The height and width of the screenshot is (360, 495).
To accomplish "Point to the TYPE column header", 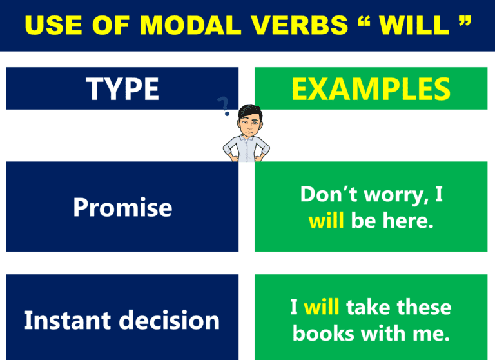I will point(122,88).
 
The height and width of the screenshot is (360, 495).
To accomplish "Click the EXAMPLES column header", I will point(371,88).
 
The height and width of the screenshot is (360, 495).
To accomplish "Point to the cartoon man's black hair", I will point(247,110).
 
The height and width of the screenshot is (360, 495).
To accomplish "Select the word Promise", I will point(122,207).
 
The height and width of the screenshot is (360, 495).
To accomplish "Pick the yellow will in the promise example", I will point(327,220).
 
